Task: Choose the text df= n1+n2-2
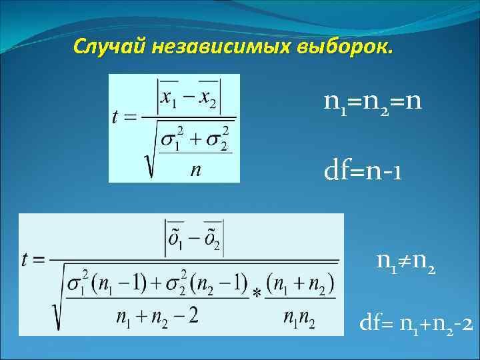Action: pos(416,325)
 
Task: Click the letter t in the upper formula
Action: pos(116,117)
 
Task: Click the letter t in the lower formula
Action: pos(27,260)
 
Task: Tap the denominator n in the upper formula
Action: pos(195,170)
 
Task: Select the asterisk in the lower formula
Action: pos(257,294)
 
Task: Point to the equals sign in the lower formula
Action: pos(41,261)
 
